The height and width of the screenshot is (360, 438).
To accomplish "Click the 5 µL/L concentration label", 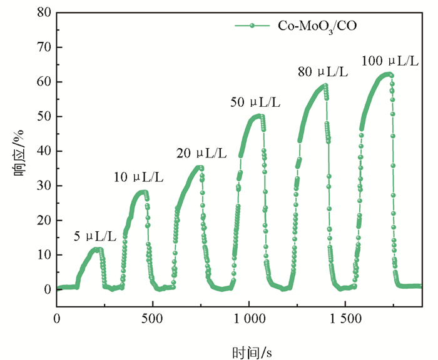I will tap(95, 236).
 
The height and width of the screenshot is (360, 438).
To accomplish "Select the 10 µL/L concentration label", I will tap(138, 177).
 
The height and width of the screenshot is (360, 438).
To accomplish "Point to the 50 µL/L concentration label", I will tap(255, 101).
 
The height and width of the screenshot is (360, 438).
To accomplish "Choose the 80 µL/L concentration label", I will tap(322, 72).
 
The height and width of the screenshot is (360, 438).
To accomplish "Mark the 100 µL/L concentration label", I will tap(390, 61).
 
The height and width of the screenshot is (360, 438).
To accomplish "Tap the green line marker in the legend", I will tap(252, 26).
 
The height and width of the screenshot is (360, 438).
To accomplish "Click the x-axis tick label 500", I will tap(152, 318).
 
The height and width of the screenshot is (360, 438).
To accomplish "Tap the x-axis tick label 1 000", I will tap(248, 318).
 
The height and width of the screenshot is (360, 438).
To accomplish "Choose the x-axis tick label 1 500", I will tap(345, 318).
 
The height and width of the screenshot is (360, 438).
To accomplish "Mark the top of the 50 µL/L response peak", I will tap(257, 116).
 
